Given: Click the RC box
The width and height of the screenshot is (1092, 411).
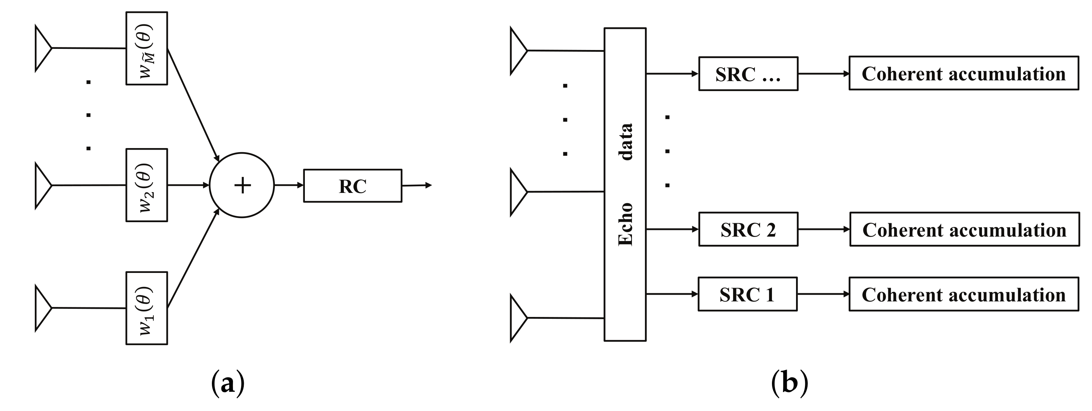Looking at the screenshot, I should pos(352,186).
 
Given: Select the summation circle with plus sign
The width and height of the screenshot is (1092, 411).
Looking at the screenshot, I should pos(242,185).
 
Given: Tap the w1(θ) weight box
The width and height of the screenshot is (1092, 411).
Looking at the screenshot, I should pos(147,308).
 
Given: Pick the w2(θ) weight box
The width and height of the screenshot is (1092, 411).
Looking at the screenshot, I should pos(147,185).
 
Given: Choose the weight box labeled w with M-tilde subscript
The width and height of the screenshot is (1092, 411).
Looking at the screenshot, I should pos(147,48).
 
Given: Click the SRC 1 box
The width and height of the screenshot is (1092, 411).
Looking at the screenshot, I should pos(748,294).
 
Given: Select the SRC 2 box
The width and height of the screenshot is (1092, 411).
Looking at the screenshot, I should pos(748,229).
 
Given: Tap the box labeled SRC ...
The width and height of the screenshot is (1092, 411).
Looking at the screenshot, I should pos(748,74).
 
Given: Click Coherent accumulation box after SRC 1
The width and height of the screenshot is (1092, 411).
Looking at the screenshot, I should pos(963,294).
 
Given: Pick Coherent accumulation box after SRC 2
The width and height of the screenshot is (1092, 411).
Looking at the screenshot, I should pos(965,229).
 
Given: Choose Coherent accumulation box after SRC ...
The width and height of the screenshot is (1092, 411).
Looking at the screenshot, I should pos(963,73).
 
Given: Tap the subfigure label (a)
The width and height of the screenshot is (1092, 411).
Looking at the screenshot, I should pos(228,383).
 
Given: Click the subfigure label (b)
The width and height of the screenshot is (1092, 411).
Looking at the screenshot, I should pos(789,383).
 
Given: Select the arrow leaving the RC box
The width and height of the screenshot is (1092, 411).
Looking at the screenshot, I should pos(417,185).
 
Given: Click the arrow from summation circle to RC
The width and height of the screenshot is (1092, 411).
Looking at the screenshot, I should pos(289,185).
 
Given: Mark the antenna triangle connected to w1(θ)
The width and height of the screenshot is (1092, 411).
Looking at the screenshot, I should pos(42,308).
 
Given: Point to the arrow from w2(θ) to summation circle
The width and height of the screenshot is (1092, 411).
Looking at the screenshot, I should pos(189,185).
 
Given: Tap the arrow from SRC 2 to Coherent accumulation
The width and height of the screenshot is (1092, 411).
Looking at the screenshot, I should pos(824,229).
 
